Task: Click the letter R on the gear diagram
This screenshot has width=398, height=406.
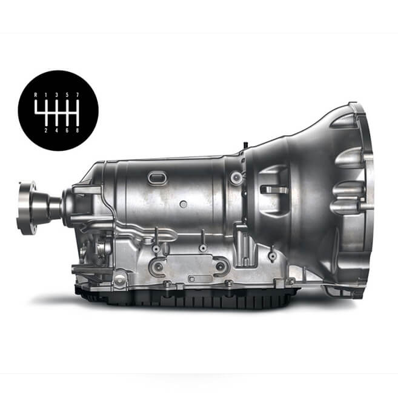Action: click(36, 95)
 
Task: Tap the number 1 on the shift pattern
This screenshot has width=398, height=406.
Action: click(46, 95)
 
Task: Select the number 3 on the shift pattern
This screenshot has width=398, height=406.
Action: click(56, 95)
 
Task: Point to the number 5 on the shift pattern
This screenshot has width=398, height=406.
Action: click(67, 95)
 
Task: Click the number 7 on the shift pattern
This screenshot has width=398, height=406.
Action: click(78, 95)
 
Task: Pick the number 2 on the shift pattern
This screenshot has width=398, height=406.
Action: click(46, 130)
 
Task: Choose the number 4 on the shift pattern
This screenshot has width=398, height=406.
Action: click(56, 130)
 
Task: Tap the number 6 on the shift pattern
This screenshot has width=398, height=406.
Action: click(67, 130)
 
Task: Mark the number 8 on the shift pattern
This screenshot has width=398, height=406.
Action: click(78, 130)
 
